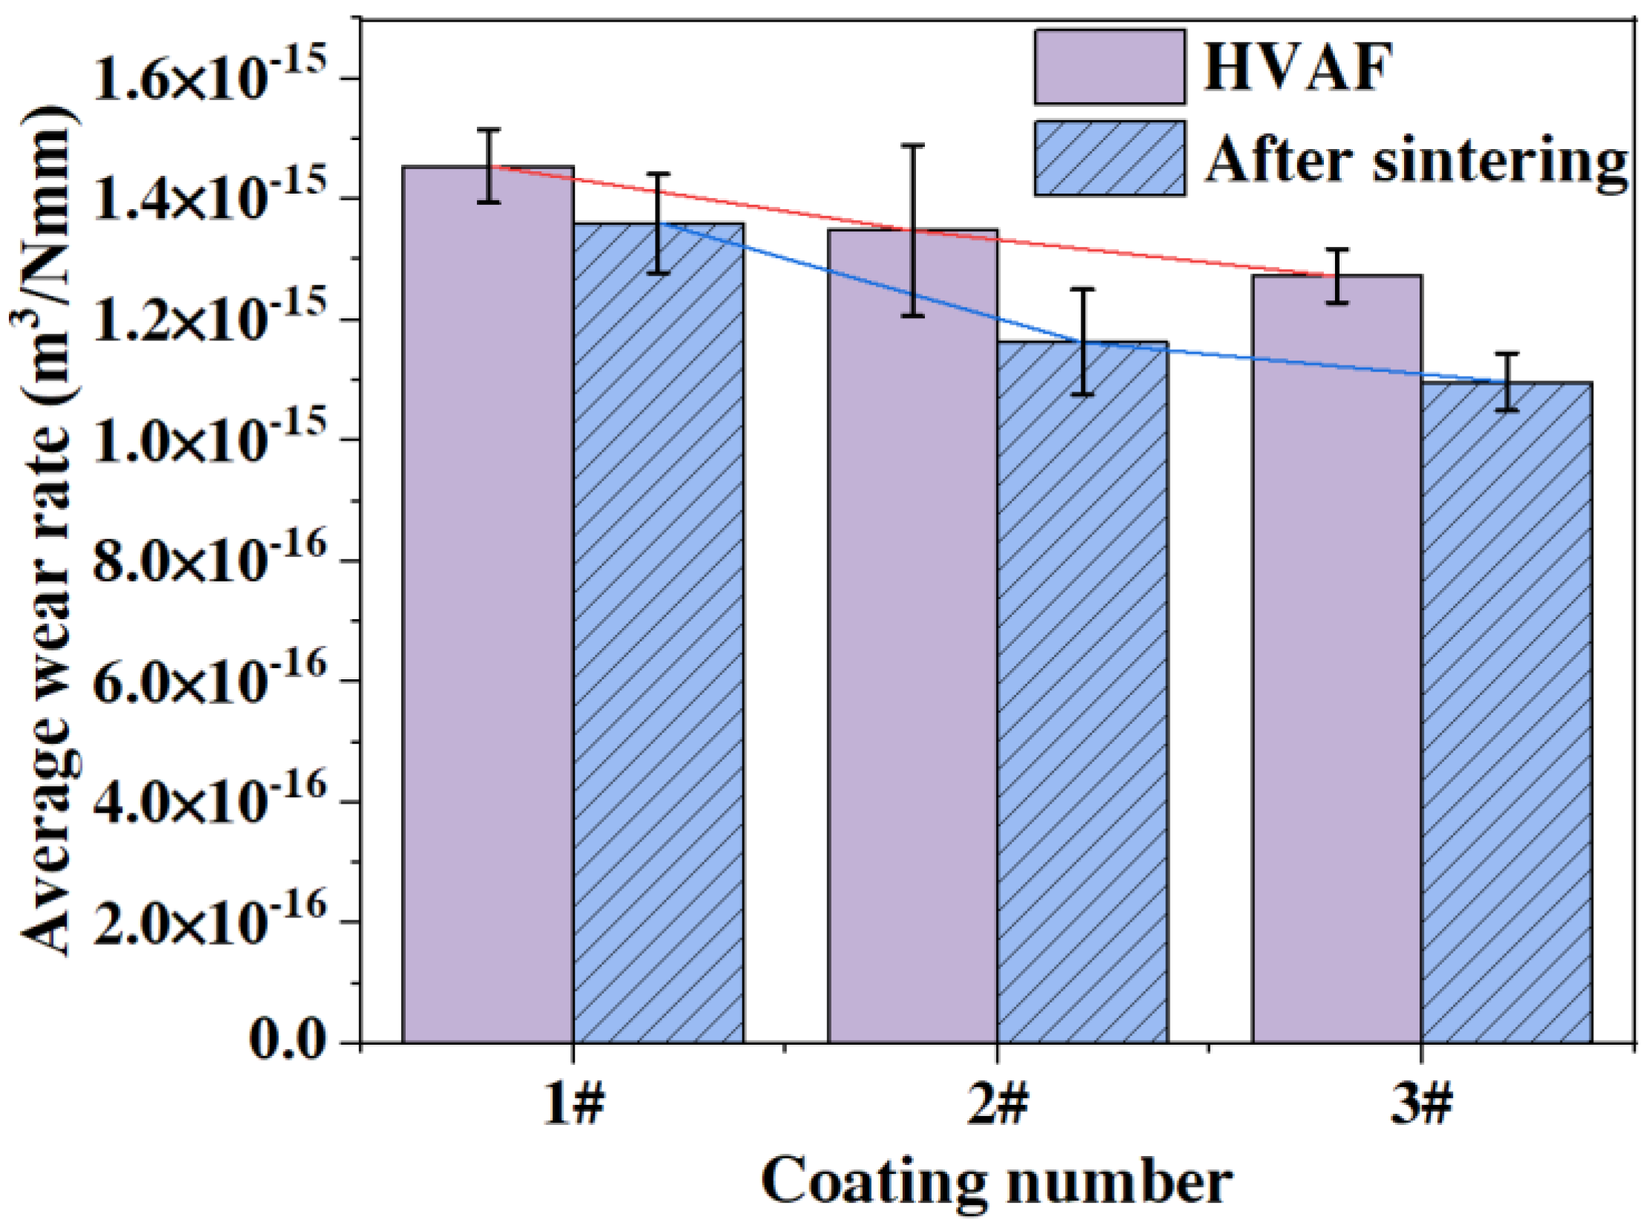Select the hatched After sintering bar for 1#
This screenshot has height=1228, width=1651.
(659, 632)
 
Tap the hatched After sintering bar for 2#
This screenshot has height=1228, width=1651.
(1083, 691)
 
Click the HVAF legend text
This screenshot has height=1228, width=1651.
(1296, 68)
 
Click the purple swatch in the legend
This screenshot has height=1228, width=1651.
(1110, 67)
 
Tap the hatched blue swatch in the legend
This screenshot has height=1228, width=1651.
(1110, 159)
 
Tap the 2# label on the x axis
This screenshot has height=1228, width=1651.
(998, 1107)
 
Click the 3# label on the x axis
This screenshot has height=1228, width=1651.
(1421, 1107)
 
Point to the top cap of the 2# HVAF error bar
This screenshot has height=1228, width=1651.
(913, 145)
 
